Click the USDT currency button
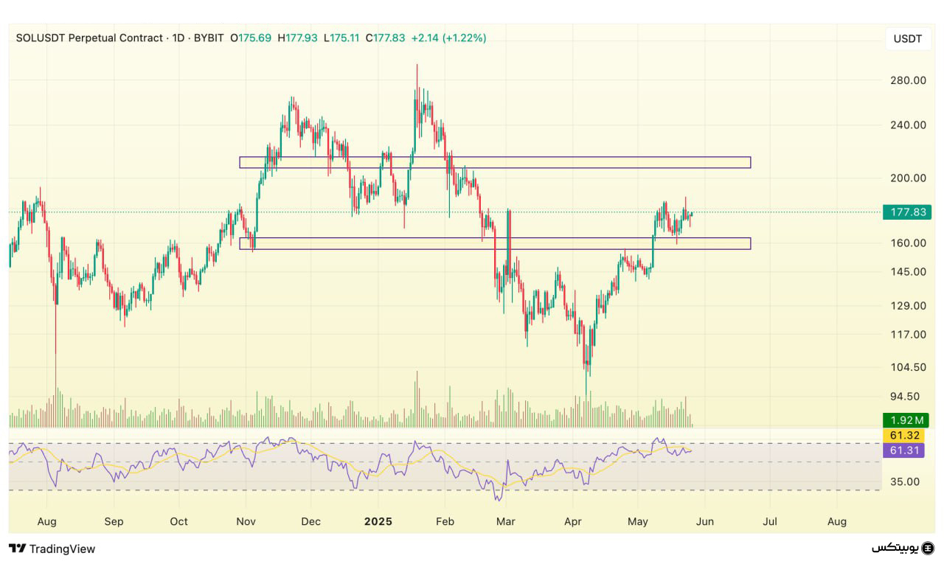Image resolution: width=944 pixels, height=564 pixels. coord(907,39)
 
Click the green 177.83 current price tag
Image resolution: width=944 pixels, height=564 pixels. coord(908,212)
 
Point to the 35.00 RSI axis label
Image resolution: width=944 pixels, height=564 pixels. coord(904,482)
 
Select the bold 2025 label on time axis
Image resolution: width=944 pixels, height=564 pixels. coord(378,521)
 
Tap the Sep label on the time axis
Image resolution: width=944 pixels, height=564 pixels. coord(114,521)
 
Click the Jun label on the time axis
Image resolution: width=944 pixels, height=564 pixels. coord(704,521)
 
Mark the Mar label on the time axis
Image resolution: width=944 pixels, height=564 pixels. coord(505,521)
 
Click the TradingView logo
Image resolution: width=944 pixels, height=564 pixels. coord(52,549)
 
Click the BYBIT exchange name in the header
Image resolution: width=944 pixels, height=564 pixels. coord(209,38)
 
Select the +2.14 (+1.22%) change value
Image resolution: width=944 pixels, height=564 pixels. coord(448,38)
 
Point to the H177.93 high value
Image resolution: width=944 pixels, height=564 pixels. coord(297,38)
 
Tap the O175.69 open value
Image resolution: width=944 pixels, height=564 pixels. coord(251,38)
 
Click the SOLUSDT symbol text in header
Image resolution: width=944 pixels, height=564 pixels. coord(40,38)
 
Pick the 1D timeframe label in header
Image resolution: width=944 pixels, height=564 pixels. coord(178,38)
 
